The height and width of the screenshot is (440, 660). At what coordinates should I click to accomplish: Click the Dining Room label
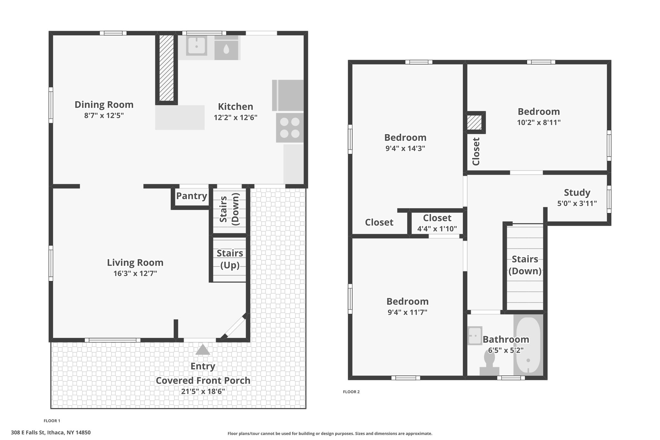coord(104,104)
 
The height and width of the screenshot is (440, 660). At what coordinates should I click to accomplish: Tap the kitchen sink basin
coord(197,45)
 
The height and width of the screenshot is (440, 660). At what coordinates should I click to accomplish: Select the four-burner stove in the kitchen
coord(290,128)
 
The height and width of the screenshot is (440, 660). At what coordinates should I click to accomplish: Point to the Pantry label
coord(191,196)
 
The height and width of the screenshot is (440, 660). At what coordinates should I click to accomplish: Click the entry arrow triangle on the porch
coord(203,350)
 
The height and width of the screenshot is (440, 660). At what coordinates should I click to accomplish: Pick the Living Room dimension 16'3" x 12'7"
coord(135,274)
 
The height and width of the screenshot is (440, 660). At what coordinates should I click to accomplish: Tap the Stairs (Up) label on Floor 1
coord(230,259)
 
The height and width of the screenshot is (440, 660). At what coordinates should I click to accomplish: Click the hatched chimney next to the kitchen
coord(167,68)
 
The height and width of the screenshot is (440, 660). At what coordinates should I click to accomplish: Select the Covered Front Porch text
coord(203,380)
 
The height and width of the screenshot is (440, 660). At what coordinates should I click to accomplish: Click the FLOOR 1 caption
coord(52,421)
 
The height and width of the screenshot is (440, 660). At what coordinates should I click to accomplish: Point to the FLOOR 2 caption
coord(351,392)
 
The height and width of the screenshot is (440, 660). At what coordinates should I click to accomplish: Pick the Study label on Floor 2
coord(577,192)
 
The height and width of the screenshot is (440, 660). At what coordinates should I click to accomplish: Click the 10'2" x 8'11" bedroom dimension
coord(539,122)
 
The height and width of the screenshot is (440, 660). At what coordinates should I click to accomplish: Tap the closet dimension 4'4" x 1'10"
coord(437,229)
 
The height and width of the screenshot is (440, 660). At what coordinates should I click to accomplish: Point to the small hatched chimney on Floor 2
coord(475,122)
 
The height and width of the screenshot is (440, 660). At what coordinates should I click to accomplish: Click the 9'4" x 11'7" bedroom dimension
coord(407,312)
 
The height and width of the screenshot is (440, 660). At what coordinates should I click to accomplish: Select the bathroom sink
coord(475,336)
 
